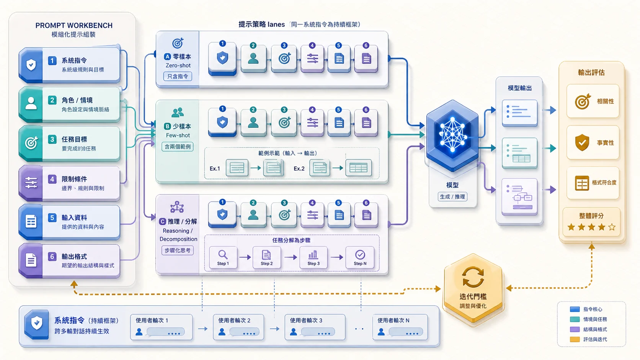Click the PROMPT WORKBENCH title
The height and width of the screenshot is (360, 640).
[74, 25]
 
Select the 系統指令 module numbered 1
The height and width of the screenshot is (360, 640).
[69, 65]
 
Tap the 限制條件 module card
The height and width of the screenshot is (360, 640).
[69, 183]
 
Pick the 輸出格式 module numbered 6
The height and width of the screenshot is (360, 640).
[69, 261]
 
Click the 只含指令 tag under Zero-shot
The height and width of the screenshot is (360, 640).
[178, 76]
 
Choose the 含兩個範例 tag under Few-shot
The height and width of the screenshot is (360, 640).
[178, 147]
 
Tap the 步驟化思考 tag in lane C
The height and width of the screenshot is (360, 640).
[178, 250]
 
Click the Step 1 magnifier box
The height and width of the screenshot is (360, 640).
[223, 257]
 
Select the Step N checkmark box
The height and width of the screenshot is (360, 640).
[360, 257]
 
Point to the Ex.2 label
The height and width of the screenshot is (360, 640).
[299, 168]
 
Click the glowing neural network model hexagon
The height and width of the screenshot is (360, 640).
[452, 135]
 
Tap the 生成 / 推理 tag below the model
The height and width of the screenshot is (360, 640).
[452, 197]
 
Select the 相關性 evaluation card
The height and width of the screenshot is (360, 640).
[593, 101]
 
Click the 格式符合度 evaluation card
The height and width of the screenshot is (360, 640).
[593, 183]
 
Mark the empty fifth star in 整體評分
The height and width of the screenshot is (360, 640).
[612, 227]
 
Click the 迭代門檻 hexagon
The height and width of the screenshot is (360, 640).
[473, 288]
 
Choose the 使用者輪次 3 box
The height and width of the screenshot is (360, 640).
[315, 327]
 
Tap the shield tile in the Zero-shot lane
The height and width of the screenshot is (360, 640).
[222, 59]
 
